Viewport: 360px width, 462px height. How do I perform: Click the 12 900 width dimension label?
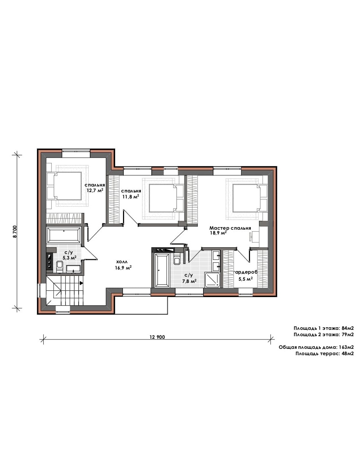(x=157, y=337)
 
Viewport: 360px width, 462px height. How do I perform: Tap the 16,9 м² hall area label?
(x=123, y=268)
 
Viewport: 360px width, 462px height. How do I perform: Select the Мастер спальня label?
(x=230, y=228)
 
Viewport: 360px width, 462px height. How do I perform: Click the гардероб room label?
(x=246, y=272)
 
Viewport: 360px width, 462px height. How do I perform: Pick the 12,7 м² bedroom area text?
(x=95, y=190)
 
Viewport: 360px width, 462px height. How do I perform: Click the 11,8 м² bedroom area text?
(x=131, y=197)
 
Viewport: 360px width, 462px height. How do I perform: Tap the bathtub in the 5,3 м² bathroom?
(x=64, y=235)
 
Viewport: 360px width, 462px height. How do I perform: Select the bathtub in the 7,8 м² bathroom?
(x=162, y=270)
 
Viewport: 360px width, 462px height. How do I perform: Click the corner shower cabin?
(x=212, y=280)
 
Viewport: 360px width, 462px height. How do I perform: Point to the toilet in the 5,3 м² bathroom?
(x=59, y=267)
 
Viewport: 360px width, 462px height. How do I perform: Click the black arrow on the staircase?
(x=82, y=283)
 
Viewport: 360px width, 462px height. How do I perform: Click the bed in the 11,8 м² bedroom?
(x=166, y=198)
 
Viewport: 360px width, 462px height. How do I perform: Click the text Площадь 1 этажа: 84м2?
(x=323, y=328)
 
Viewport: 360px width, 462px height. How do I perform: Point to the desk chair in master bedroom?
(x=251, y=236)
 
